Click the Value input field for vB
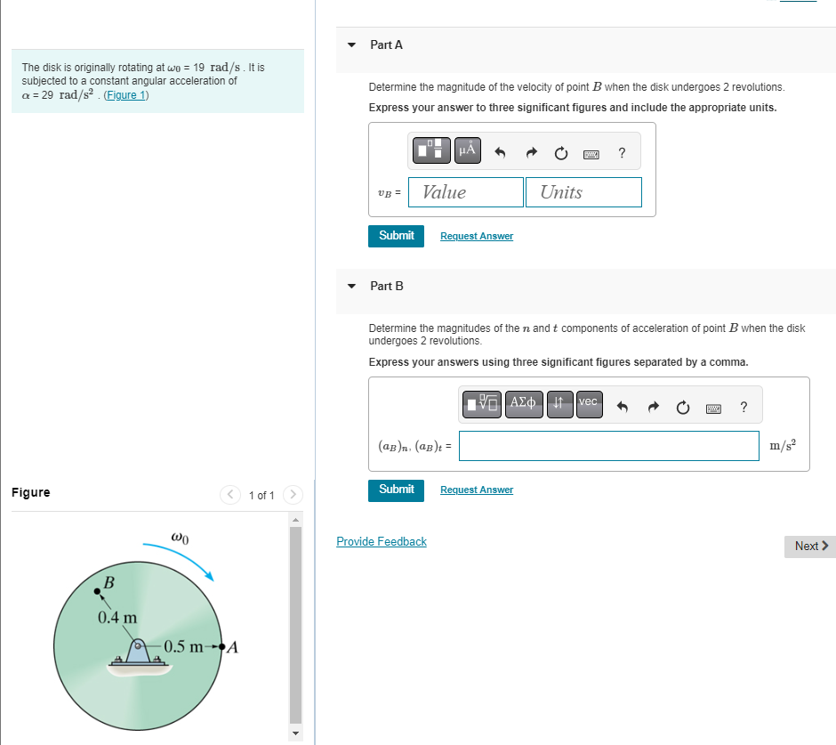(x=466, y=192)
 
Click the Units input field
(x=583, y=192)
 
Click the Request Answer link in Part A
(x=476, y=236)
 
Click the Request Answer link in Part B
(x=476, y=490)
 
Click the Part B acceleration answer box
(x=608, y=446)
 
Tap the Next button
(x=810, y=546)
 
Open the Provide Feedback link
(x=382, y=541)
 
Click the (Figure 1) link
(x=126, y=95)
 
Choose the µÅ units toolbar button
(x=468, y=150)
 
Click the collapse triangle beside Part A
(x=351, y=45)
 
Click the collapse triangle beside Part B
(x=351, y=286)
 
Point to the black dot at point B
(x=97, y=590)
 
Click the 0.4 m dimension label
(x=117, y=617)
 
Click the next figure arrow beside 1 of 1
(x=293, y=494)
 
